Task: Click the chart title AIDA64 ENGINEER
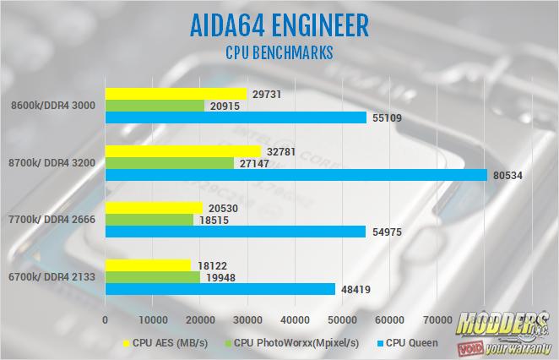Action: pos(279,25)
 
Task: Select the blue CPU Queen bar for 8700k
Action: pos(296,175)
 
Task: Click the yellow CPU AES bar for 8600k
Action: pos(176,94)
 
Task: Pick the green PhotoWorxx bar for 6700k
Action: pos(152,276)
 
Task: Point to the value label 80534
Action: pos(508,175)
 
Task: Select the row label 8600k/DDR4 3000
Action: pos(52,106)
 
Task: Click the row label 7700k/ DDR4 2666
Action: pos(52,219)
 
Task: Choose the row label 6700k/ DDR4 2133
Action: pos(52,276)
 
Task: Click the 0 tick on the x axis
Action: pos(105,320)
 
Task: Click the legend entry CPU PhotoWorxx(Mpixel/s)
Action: pos(286,343)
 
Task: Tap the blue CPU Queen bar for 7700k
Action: pos(236,231)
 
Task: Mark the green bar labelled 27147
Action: pos(169,162)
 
